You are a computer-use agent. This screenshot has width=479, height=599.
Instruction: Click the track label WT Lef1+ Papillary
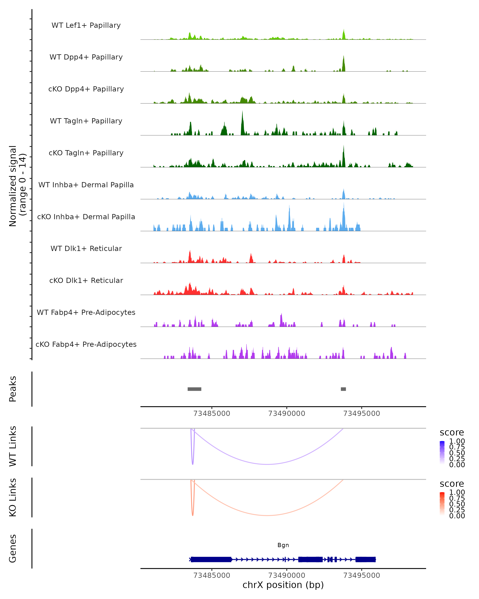click(86, 25)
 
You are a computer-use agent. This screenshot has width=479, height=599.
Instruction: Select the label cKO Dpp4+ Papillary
click(86, 89)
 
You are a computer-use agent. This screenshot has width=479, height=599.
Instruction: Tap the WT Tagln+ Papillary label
click(86, 121)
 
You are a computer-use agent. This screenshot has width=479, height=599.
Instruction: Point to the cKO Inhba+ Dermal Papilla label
click(86, 217)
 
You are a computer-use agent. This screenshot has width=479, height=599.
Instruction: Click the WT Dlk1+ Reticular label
click(86, 248)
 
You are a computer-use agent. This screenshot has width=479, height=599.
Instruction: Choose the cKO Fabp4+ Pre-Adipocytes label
click(86, 344)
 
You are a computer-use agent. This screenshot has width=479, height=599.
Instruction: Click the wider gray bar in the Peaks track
click(194, 389)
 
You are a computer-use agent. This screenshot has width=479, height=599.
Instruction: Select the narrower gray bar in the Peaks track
click(343, 389)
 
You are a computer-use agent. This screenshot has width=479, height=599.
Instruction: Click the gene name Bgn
click(283, 545)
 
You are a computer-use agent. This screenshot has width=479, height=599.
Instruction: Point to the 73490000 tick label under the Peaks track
click(287, 414)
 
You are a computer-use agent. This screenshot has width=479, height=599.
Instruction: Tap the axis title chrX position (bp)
click(283, 585)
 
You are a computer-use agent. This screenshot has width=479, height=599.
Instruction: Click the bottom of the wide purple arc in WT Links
click(267, 464)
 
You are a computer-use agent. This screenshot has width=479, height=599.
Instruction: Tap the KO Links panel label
click(13, 497)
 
